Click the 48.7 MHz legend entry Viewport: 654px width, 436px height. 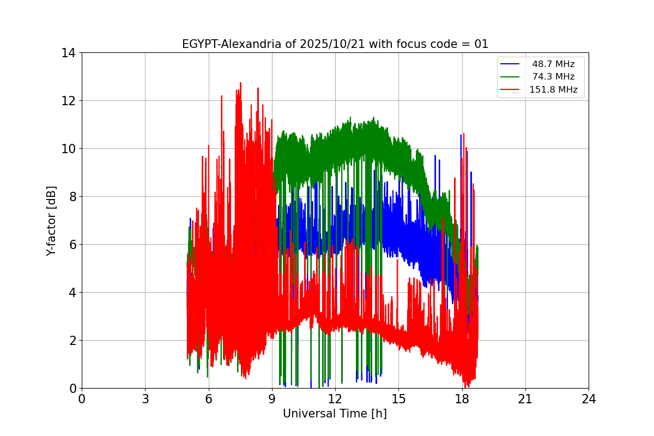[x=553, y=64]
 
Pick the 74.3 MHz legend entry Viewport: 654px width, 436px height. [x=553, y=77]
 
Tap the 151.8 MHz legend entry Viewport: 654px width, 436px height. [x=553, y=90]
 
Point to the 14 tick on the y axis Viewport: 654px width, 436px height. [x=68, y=53]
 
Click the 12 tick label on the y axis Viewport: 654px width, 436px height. [x=68, y=101]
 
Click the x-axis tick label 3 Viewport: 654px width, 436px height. [x=145, y=399]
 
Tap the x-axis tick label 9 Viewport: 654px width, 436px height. [x=272, y=399]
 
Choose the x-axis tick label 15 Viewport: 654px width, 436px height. [x=398, y=399]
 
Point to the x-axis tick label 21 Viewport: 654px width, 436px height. [x=525, y=399]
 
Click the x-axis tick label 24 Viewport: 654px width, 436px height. [x=589, y=399]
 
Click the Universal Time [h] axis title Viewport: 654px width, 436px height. [x=335, y=414]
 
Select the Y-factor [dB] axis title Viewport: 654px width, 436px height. [x=51, y=221]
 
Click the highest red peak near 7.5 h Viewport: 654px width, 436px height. [x=240, y=83]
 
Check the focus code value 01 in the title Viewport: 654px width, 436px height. [x=481, y=44]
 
